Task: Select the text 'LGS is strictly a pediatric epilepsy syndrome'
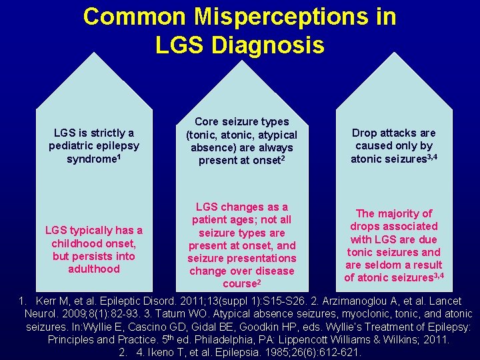(x=93, y=146)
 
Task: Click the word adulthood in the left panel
(x=93, y=269)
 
